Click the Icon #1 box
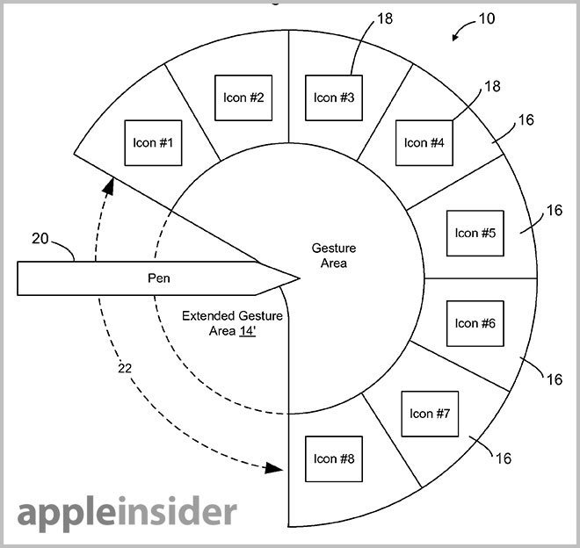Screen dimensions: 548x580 coord(153,142)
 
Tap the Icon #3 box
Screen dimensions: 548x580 coord(334,97)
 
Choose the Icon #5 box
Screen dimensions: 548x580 coord(475,233)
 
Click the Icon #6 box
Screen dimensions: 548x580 coord(475,323)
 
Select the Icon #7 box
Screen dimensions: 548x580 coord(430,414)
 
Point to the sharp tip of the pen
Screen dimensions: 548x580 coord(299,278)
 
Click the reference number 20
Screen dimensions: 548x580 coord(41,239)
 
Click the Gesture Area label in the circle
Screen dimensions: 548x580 coord(334,256)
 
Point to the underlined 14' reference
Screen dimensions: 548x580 coord(247,331)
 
